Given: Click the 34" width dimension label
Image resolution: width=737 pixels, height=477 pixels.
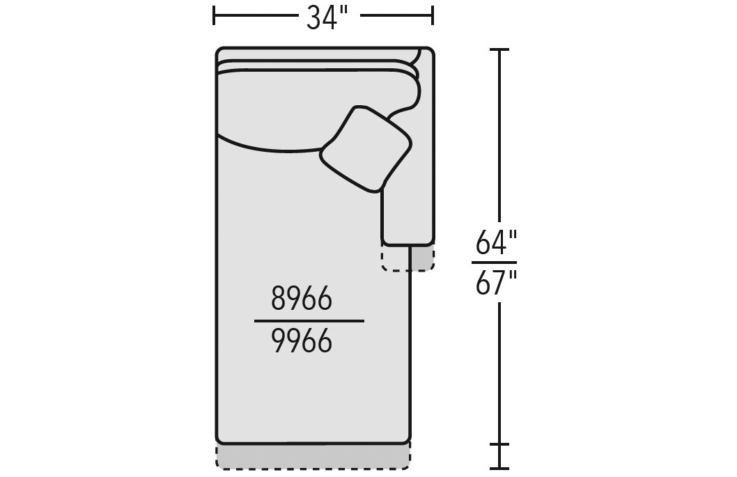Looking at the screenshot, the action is [x=327, y=18].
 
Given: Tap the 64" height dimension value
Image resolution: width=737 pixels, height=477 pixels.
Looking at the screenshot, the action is [x=497, y=242].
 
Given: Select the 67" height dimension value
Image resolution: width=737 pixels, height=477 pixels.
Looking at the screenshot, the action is [x=497, y=283].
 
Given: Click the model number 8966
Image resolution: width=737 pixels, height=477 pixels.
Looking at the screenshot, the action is [x=302, y=299].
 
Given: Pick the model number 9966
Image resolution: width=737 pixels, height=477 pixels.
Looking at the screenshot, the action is [x=302, y=341].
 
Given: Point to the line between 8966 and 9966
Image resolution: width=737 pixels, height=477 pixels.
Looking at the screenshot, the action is [x=309, y=321].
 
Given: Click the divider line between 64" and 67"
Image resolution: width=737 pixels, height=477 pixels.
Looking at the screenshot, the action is [x=494, y=263].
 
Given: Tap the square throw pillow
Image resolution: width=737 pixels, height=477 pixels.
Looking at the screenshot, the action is [x=366, y=149].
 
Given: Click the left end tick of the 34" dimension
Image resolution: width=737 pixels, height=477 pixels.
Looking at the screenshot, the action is [x=214, y=15].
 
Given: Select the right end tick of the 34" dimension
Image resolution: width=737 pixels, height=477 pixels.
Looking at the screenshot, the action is [x=433, y=15].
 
